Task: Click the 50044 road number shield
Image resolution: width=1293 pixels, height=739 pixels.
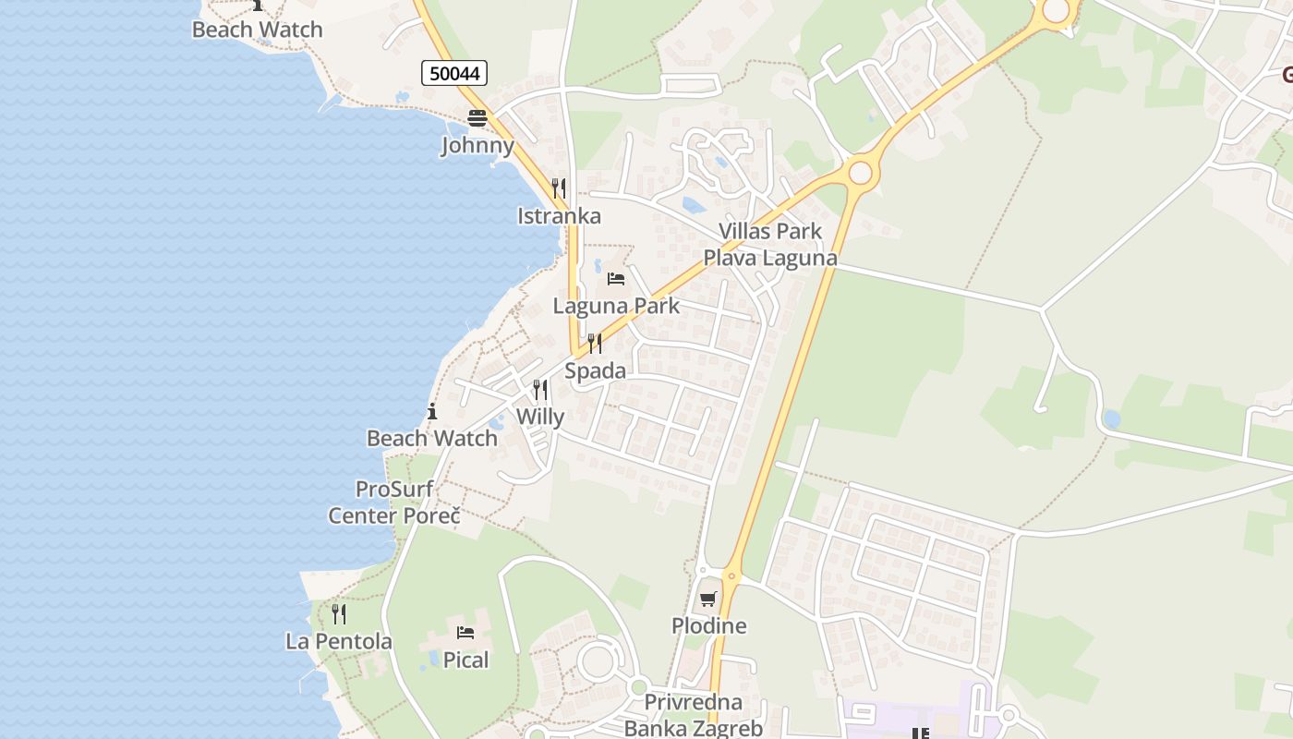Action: (454, 73)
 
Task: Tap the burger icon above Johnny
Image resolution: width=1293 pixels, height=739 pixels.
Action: (477, 118)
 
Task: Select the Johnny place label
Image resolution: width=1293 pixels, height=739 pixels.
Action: (477, 145)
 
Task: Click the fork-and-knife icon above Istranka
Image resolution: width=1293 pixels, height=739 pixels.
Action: (559, 189)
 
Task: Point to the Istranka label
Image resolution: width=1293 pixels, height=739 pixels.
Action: (559, 216)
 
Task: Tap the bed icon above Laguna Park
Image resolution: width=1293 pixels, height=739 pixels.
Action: (616, 278)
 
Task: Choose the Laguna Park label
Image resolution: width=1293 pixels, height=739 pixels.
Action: (616, 306)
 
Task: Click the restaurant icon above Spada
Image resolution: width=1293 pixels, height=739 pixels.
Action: (595, 345)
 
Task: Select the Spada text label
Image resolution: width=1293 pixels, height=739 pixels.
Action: (595, 371)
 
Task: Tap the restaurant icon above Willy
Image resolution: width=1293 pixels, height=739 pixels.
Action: (540, 390)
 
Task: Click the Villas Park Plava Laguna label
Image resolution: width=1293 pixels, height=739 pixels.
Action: (770, 245)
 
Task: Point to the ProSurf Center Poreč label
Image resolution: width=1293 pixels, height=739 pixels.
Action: (394, 503)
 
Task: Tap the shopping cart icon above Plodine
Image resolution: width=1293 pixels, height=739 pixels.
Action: (708, 599)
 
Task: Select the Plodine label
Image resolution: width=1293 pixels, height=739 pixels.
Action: (708, 626)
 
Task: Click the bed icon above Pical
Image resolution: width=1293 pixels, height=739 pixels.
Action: (465, 633)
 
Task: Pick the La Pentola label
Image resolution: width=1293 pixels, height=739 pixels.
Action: (339, 641)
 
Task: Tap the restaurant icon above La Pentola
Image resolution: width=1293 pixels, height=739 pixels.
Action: (339, 614)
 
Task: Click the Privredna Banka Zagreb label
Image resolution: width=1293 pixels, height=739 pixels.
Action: (694, 715)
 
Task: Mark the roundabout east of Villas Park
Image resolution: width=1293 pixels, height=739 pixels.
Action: (861, 173)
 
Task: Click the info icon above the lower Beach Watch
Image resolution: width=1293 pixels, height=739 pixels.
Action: (432, 411)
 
